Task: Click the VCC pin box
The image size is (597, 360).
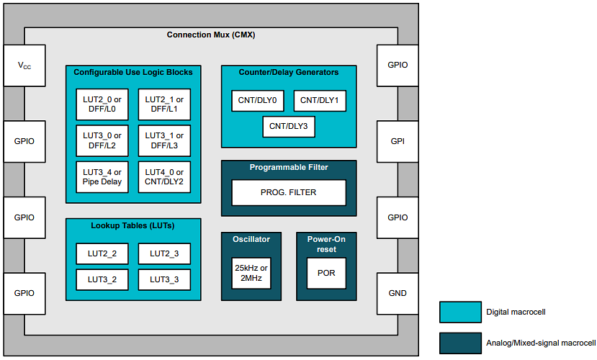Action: point(24,66)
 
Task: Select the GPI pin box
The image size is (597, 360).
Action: point(397,141)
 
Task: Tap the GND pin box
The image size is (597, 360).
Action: point(397,293)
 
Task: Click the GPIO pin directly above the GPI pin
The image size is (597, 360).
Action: point(397,65)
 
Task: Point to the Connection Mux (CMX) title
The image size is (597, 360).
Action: point(211,35)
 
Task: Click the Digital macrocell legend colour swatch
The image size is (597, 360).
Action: point(459,312)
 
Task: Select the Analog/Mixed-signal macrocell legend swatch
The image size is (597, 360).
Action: point(459,342)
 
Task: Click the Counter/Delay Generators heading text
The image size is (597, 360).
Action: point(288,72)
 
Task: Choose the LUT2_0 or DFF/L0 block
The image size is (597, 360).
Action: point(102,105)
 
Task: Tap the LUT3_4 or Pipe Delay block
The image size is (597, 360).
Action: point(102,177)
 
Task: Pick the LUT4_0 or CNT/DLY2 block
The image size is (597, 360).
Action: point(164,177)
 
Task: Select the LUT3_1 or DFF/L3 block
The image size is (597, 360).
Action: point(164,141)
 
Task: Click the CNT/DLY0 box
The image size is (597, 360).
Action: point(258,101)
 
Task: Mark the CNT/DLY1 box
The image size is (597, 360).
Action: point(320,101)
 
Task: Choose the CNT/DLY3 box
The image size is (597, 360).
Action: point(288,126)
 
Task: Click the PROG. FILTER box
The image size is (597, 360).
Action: point(288,193)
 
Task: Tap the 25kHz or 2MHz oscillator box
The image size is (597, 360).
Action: point(251,273)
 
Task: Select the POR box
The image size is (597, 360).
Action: point(326,273)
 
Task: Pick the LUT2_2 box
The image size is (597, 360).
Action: point(102,253)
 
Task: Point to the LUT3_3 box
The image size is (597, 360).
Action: point(163,279)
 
